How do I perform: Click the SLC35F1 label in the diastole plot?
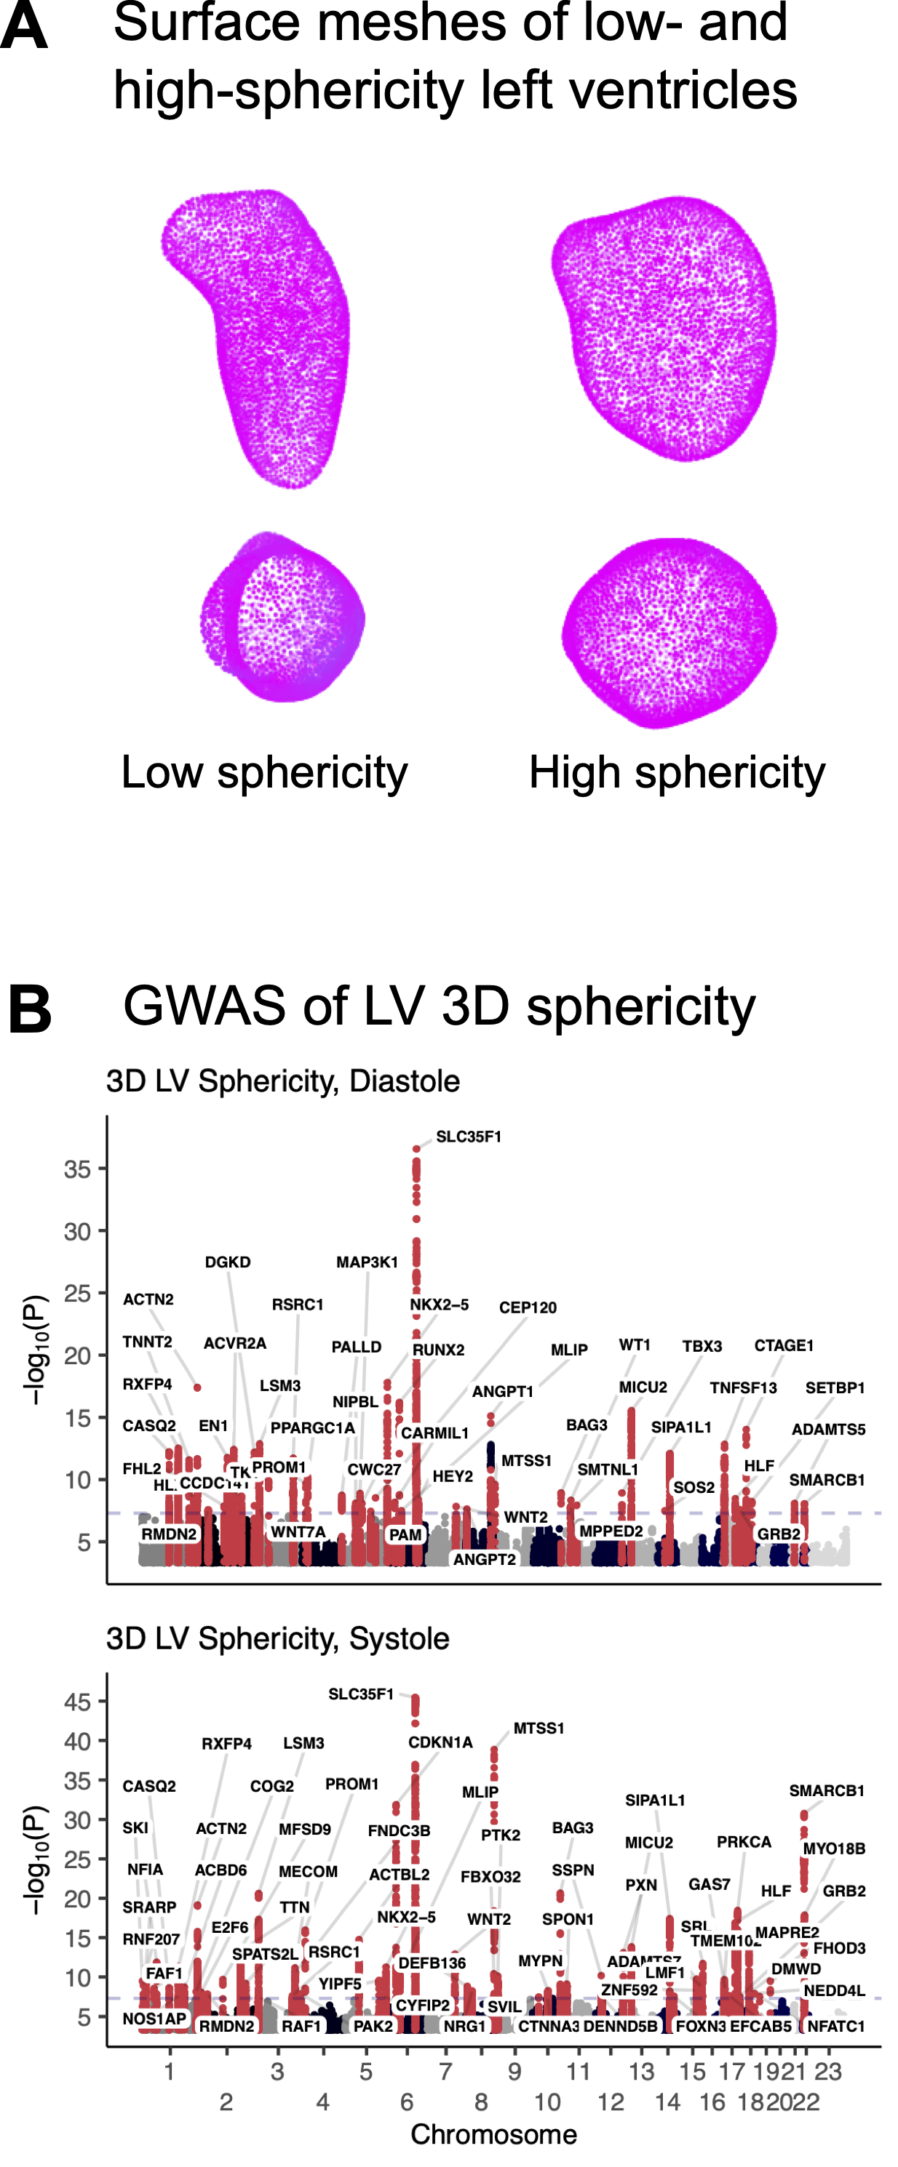coord(468,1137)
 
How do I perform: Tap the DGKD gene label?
coord(227,1262)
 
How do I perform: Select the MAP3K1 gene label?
coord(367,1262)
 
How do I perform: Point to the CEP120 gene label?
coord(528,1307)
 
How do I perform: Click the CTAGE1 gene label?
coord(784,1345)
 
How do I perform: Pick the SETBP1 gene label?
coord(835,1387)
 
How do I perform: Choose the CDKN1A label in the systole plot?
coord(440,1742)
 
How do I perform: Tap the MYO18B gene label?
coord(834,1848)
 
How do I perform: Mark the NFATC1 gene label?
coord(835,2027)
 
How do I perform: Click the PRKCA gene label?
coord(744,1841)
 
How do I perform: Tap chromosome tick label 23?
coord(828,2071)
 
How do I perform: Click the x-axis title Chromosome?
coord(493,2134)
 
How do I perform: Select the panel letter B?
coord(31,1009)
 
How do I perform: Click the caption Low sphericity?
coord(264,772)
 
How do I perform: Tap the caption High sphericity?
coord(677,772)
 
